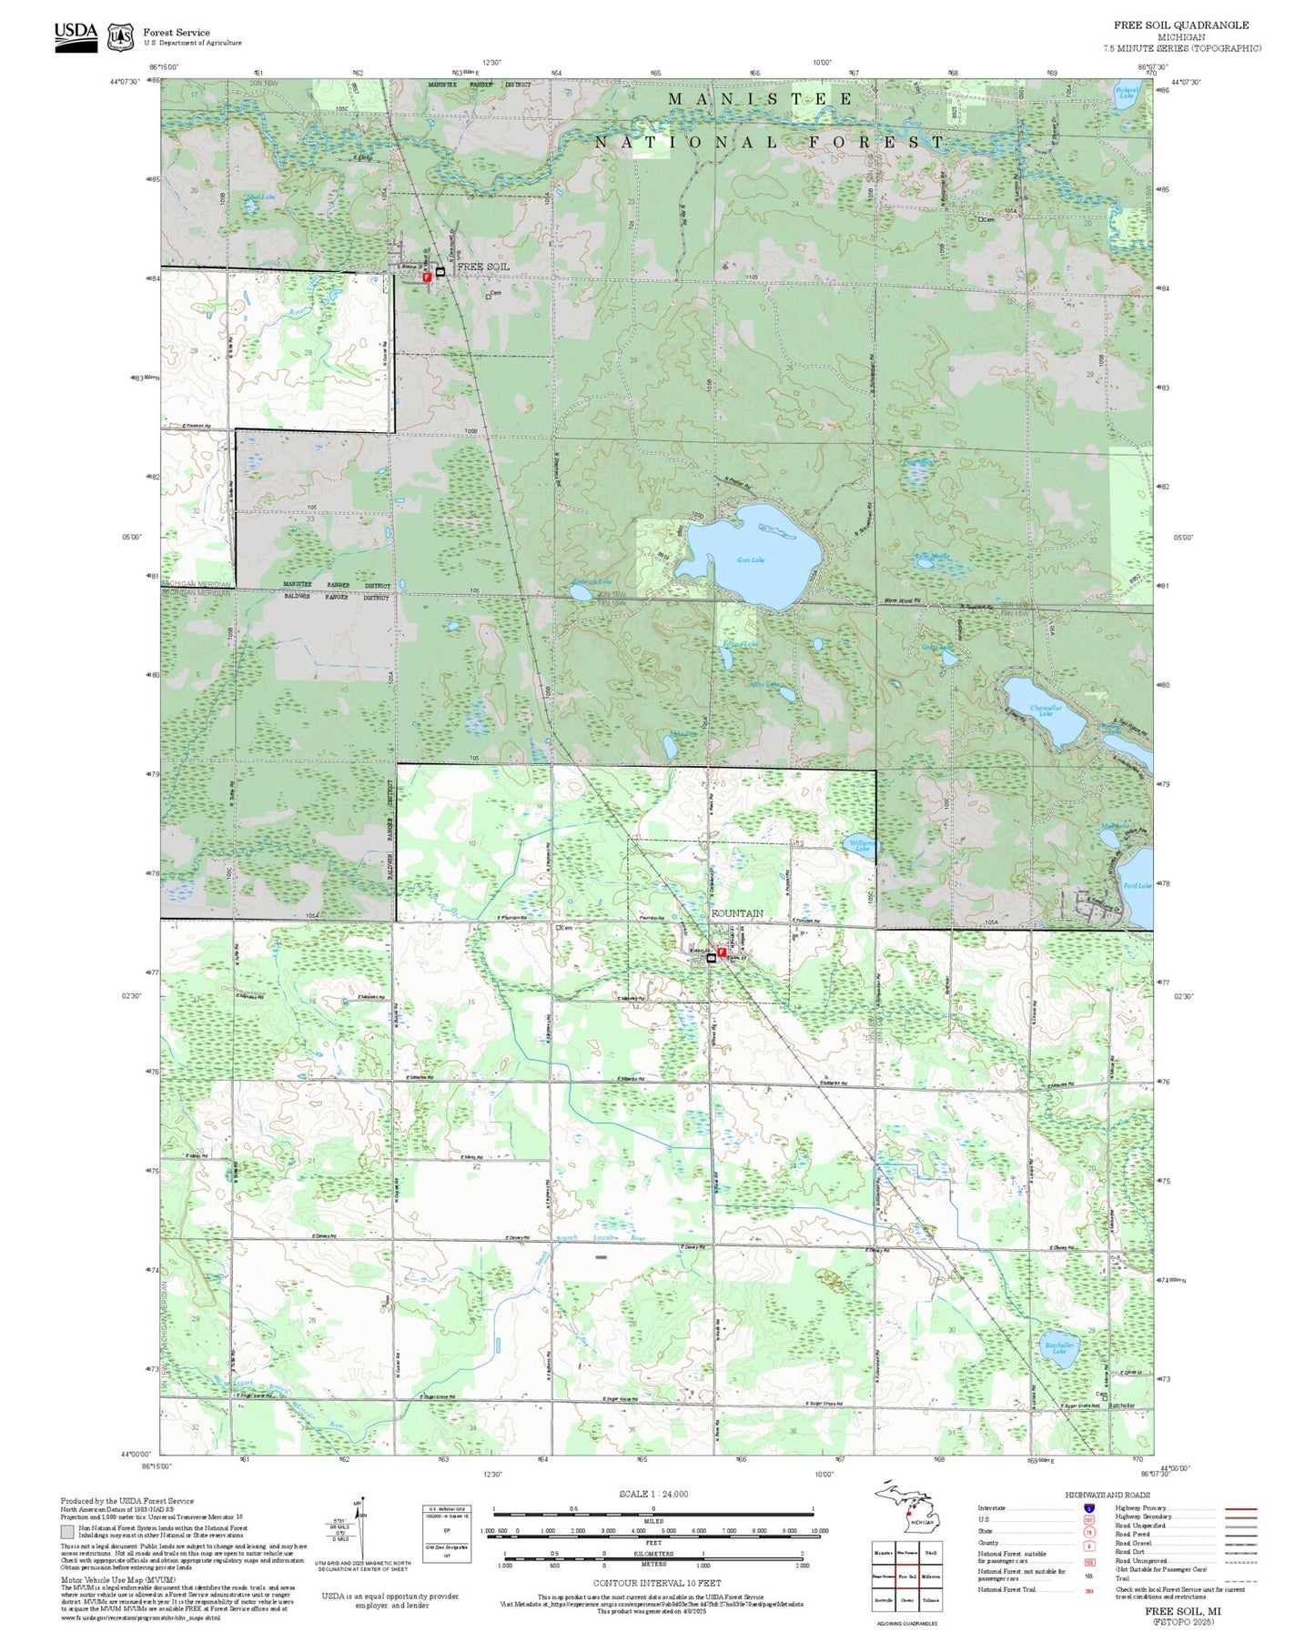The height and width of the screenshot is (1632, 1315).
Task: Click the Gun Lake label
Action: pos(751,559)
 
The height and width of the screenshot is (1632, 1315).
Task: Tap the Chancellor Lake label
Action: pos(1046,710)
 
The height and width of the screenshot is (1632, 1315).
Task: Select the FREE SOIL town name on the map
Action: pos(482,267)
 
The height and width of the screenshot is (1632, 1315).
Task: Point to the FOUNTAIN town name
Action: pos(737,912)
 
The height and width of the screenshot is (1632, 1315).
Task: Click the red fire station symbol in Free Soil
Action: pos(427,277)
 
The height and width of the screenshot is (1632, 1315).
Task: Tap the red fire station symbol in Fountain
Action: pos(722,952)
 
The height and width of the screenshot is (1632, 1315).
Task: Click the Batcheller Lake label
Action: pos(1059,1347)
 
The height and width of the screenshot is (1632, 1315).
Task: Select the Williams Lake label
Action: pos(862,845)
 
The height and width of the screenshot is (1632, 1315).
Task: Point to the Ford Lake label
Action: pos(1137,885)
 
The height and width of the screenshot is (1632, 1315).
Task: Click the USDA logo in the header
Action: pos(76,36)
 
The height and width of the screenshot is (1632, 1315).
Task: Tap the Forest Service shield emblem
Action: pos(119,37)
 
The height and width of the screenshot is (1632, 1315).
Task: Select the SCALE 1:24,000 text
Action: pos(652,1494)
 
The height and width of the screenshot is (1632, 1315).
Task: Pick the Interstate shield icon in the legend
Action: pos(1089,1508)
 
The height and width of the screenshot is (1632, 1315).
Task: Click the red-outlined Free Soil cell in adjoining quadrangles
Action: pos(907,1577)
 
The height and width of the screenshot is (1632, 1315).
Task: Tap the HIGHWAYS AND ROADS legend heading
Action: pos(1107,1495)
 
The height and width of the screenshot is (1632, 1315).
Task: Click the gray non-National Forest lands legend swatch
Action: pos(67,1532)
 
